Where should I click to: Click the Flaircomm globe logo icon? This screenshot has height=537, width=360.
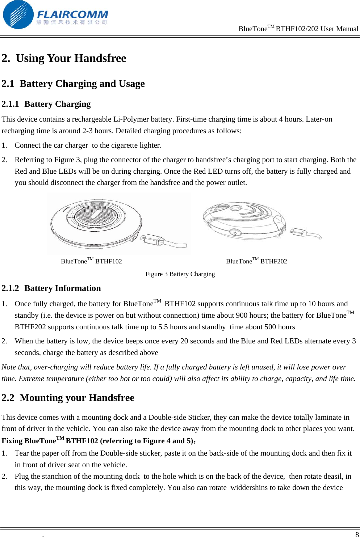tap(18, 15)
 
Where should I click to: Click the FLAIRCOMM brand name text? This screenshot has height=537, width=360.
tap(72, 14)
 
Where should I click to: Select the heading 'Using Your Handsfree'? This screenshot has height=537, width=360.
tap(71, 58)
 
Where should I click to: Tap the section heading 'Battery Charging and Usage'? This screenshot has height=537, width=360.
tap(82, 84)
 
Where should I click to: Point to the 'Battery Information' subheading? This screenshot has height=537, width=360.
tap(63, 288)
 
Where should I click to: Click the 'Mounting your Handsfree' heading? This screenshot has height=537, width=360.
tap(77, 398)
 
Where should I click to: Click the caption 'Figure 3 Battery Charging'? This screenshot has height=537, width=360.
tap(180, 274)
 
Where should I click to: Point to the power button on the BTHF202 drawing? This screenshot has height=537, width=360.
tap(235, 233)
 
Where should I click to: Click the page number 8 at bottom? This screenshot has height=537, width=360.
tap(357, 534)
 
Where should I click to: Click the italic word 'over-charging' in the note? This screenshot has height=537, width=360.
tap(56, 367)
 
